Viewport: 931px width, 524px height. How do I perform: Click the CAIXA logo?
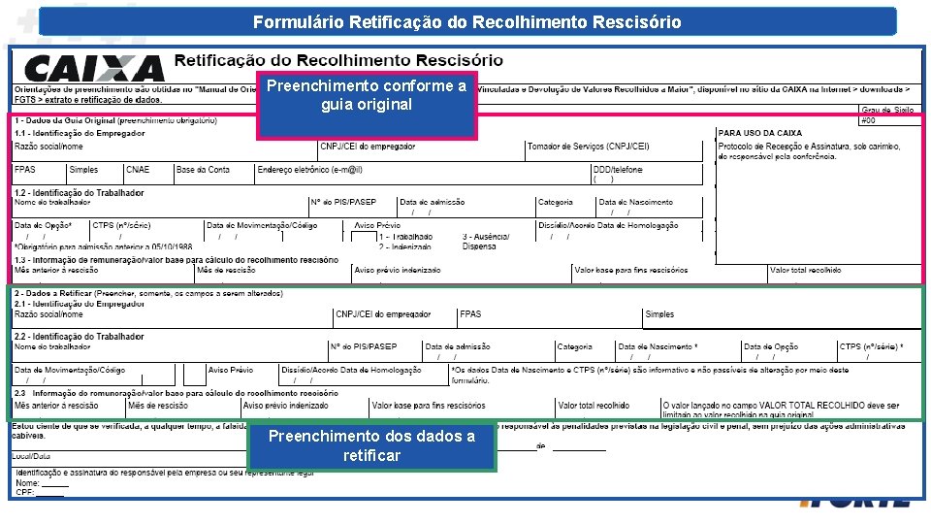click(x=94, y=68)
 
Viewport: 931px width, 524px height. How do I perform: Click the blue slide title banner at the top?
click(x=466, y=21)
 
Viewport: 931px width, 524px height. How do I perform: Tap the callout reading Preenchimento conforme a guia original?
click(x=367, y=95)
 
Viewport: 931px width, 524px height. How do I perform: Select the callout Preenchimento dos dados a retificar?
click(x=371, y=445)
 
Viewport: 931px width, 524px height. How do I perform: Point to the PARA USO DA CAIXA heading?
click(x=759, y=133)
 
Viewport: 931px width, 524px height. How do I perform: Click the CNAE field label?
click(x=138, y=170)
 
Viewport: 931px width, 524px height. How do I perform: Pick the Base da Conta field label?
click(x=203, y=170)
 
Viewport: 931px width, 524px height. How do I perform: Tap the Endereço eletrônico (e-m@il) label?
click(x=309, y=170)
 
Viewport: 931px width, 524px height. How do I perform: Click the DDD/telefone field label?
click(x=617, y=170)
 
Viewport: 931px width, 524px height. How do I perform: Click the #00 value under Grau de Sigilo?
click(x=869, y=120)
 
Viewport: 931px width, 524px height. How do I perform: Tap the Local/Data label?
click(x=32, y=456)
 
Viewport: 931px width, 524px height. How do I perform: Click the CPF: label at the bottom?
click(x=26, y=492)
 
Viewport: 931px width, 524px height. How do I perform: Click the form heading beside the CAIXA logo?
click(x=338, y=60)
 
